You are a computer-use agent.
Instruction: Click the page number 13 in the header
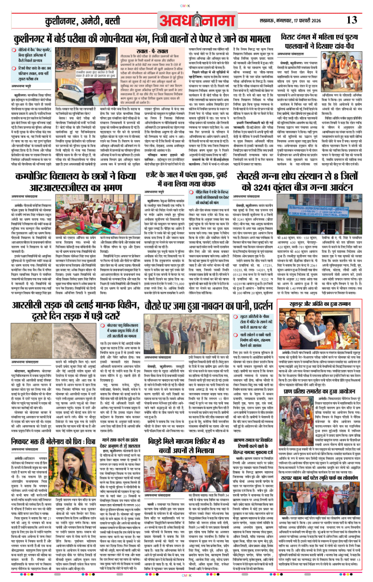351,20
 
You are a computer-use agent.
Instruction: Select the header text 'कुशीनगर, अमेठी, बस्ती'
82,21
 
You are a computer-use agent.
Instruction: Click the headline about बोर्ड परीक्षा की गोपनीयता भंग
142,39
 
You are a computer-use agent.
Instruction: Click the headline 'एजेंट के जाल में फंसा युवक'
186,175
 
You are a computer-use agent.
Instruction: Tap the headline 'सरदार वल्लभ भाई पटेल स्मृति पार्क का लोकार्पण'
320,478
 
